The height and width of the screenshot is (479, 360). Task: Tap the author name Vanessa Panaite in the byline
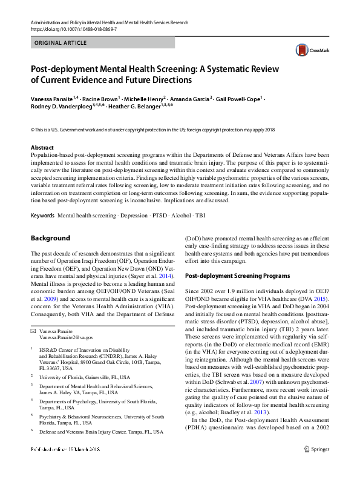point(51,97)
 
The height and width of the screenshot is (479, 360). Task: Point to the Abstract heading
point(43,147)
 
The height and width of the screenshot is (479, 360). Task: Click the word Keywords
point(43,216)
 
